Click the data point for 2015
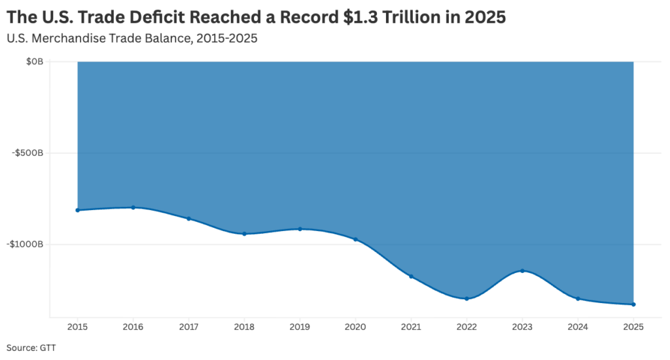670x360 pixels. (x=77, y=210)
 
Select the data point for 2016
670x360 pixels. (x=133, y=207)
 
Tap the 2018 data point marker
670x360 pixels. (x=244, y=234)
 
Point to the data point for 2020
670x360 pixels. (x=355, y=240)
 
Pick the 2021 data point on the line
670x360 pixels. (x=411, y=277)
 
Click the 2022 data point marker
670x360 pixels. (x=467, y=298)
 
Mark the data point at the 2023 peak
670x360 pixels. (x=522, y=270)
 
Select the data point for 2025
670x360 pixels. (x=633, y=304)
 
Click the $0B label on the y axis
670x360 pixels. (x=35, y=62)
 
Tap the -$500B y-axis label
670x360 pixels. (x=28, y=153)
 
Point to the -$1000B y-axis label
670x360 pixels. (x=26, y=244)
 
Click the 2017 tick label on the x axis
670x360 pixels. (x=188, y=327)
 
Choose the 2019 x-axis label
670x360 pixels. (x=300, y=327)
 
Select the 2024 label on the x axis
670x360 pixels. (x=578, y=327)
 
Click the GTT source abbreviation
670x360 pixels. (x=48, y=348)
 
